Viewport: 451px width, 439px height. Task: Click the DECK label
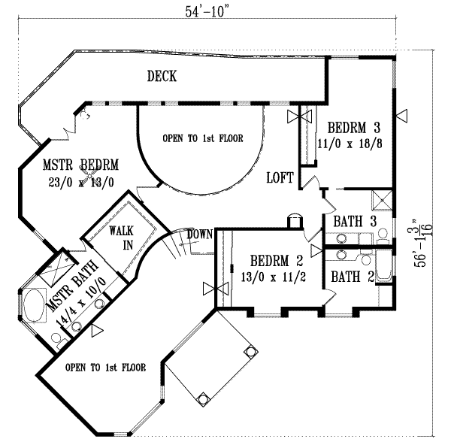(162, 76)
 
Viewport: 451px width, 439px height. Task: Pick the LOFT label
(280, 178)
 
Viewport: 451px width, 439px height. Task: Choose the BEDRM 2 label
(274, 262)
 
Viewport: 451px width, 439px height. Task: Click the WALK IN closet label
(121, 237)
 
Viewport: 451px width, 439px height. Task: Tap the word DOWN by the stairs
(198, 233)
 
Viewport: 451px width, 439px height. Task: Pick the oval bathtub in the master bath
(32, 308)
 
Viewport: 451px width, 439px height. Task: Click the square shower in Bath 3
(382, 201)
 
